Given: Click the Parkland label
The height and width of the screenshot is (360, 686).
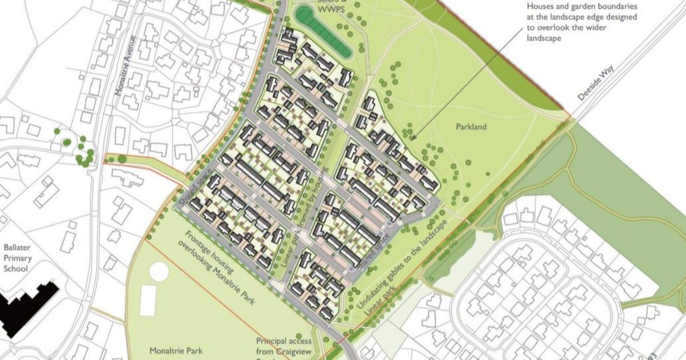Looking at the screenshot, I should tap(471, 126).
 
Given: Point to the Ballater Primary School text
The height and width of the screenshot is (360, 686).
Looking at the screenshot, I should tap(19, 258).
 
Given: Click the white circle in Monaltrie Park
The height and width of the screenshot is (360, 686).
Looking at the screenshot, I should tap(160, 271).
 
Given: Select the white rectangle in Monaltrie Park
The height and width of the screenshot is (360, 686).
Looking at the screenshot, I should tap(148, 301).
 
